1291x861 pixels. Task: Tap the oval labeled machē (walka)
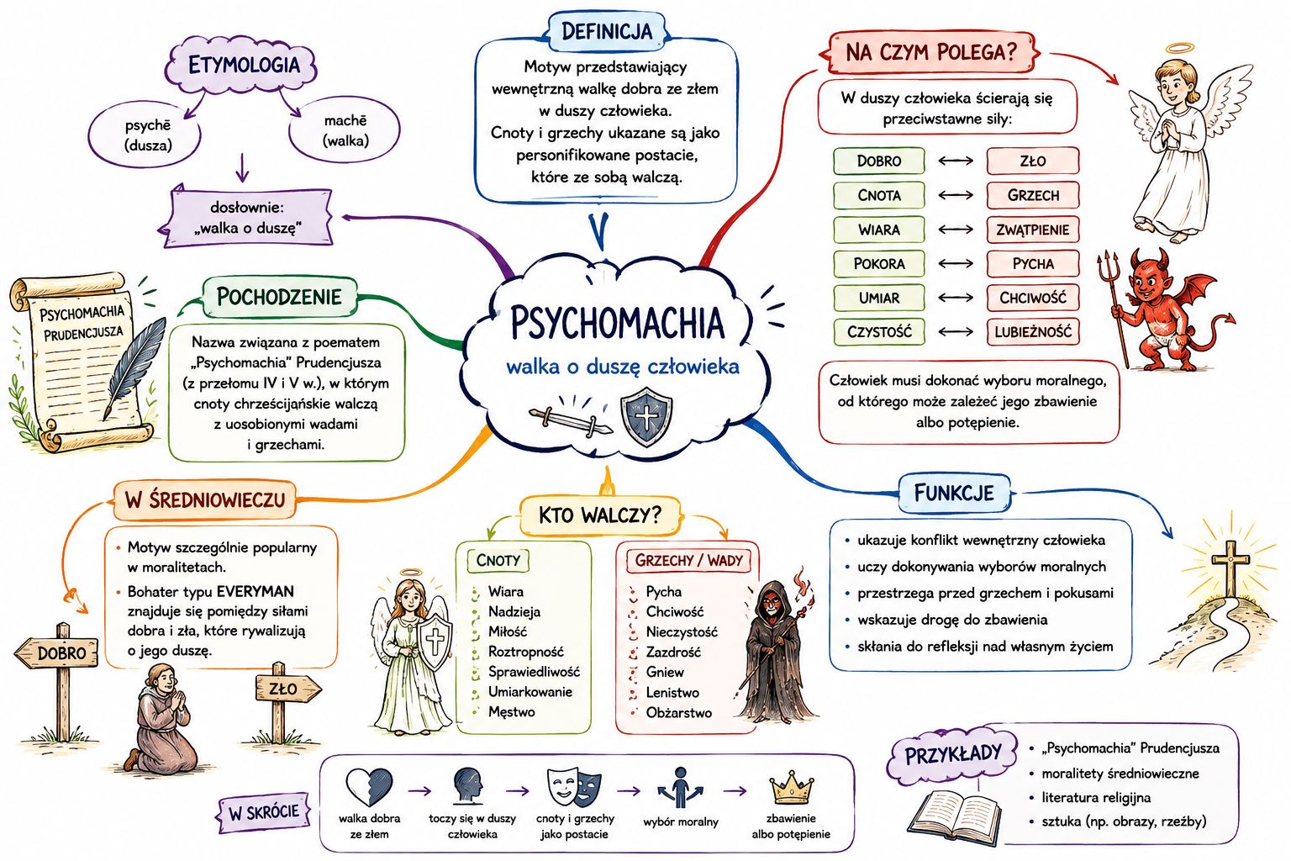pos(345,129)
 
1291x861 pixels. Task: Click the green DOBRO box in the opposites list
pos(878,161)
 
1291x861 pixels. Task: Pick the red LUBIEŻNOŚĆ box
pos(1032,331)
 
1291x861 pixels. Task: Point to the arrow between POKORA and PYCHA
pos(956,263)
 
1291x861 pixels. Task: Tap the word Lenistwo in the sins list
pos(672,692)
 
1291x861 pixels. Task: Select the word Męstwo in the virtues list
pos(511,712)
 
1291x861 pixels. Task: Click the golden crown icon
pos(791,788)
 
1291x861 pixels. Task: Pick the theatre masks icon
pos(573,788)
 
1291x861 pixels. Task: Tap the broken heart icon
pos(370,787)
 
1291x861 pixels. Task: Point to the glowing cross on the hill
pos(1230,568)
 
